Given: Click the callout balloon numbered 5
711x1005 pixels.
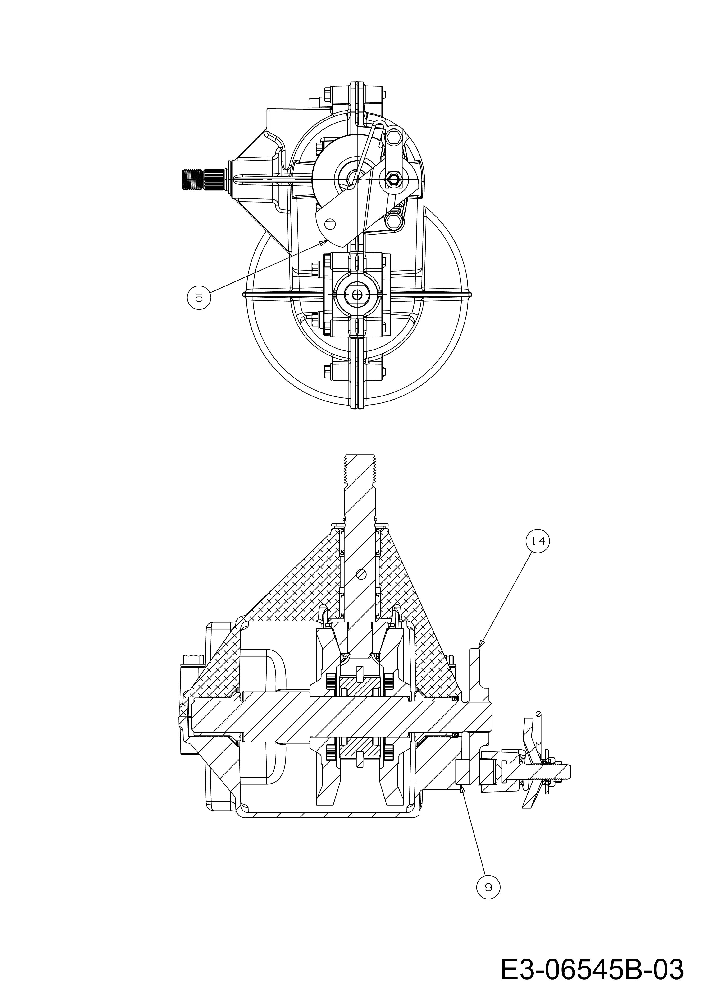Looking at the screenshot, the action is [199, 297].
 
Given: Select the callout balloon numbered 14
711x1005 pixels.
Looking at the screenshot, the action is [538, 541].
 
